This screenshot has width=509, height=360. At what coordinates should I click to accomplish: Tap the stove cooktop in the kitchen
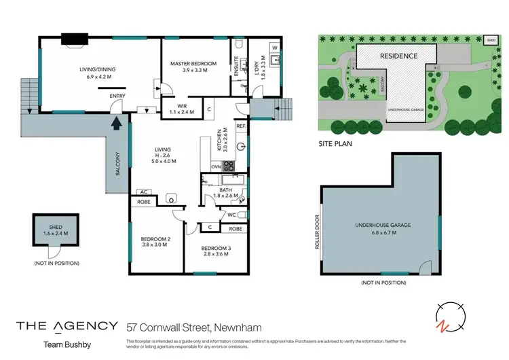(229, 165)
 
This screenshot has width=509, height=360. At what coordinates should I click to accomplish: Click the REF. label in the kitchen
(240, 126)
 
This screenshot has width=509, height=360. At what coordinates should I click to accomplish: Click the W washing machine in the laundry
(275, 48)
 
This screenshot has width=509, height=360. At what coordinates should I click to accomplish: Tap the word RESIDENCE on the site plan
(398, 56)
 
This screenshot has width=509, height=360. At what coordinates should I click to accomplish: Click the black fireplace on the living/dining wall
(71, 39)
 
